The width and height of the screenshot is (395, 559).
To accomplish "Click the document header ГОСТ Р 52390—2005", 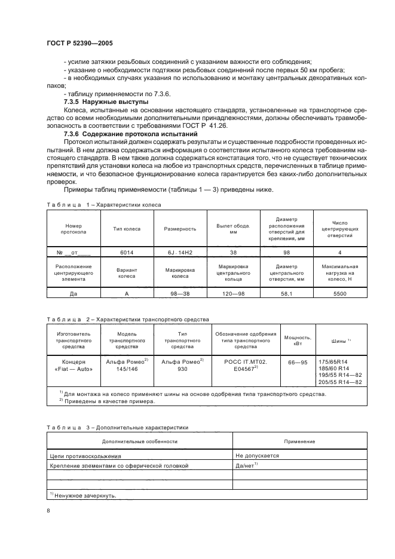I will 79,44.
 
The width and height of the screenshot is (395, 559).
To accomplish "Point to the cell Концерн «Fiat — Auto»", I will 74,365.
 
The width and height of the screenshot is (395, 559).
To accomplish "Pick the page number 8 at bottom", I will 48,511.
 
